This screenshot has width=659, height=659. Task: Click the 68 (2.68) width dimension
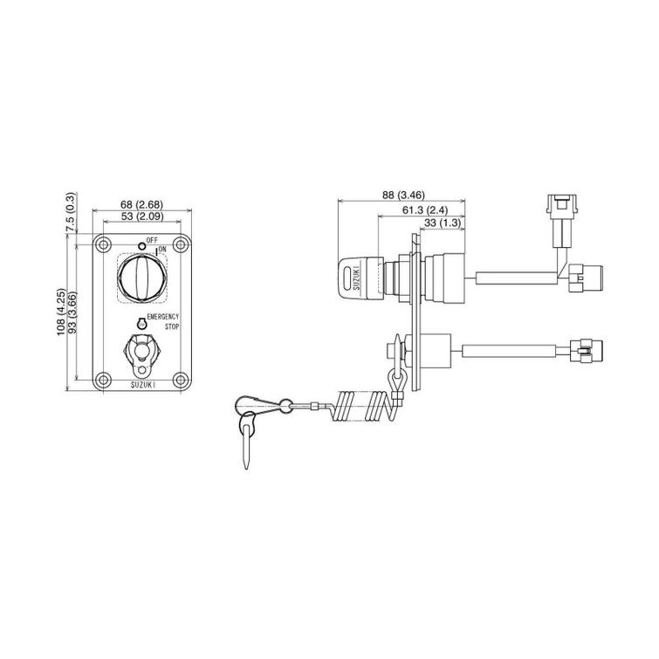(141, 204)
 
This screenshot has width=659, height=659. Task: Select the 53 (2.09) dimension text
(141, 216)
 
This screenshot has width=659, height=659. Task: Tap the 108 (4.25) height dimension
(62, 312)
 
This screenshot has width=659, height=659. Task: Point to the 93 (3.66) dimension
(72, 312)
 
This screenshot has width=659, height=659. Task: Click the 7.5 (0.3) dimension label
(71, 212)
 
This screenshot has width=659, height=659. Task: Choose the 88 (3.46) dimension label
(403, 195)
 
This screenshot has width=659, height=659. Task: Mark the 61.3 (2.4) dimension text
(425, 210)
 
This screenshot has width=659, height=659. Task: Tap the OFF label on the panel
(152, 240)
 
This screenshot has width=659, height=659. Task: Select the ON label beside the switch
(162, 250)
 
